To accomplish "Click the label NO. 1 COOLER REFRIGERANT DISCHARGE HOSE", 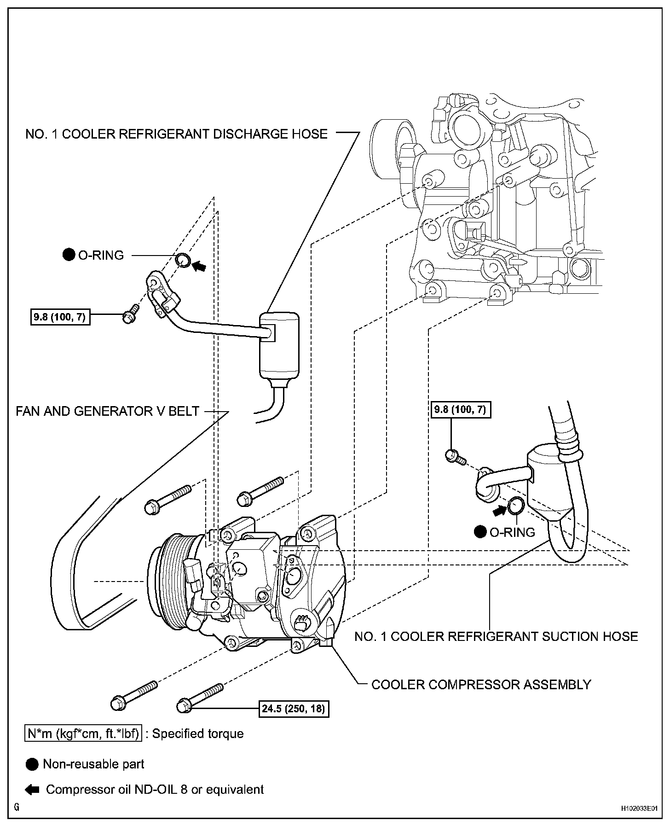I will tap(176, 134).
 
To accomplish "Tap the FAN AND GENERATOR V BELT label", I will tap(108, 411).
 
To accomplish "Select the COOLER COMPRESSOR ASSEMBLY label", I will tap(481, 684).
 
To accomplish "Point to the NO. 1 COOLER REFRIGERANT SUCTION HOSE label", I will tap(496, 636).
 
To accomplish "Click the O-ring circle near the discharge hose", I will tap(183, 260).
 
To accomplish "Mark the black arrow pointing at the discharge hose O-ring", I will tap(199, 266).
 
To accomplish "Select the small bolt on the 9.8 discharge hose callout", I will tap(129, 314).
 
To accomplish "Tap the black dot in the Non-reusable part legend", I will tap(32, 764).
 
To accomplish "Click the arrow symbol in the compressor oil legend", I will tap(32, 790).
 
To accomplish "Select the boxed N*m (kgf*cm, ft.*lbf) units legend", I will tap(83, 733).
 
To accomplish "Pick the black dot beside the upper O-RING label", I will tap(69, 255).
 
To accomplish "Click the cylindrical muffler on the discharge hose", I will tap(278, 343).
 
